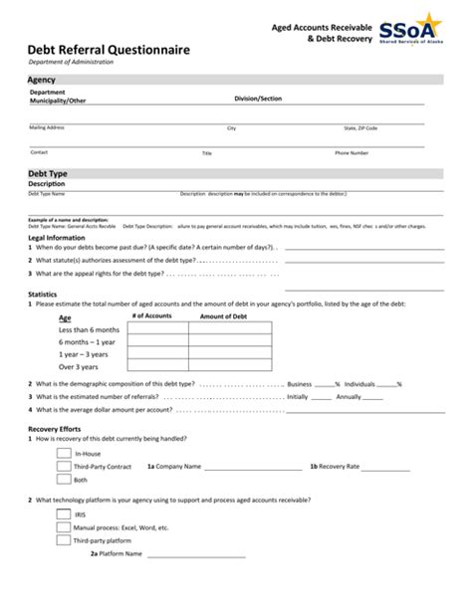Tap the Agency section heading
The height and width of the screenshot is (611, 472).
[42, 79]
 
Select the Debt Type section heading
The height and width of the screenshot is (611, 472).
[48, 173]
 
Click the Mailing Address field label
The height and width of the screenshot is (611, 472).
[47, 128]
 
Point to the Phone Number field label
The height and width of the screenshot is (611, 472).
[352, 153]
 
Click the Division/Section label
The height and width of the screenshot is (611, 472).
[258, 100]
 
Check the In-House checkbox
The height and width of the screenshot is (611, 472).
[64, 452]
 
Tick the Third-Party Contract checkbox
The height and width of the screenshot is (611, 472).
[64, 466]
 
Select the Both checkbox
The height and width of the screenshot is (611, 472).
[64, 480]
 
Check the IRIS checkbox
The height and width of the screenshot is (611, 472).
[64, 514]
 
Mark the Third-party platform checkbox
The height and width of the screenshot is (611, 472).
[64, 540]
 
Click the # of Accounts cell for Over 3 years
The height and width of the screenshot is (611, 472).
[157, 366]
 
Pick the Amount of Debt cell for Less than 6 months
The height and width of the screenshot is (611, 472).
[230, 328]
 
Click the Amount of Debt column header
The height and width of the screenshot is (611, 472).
[223, 315]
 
